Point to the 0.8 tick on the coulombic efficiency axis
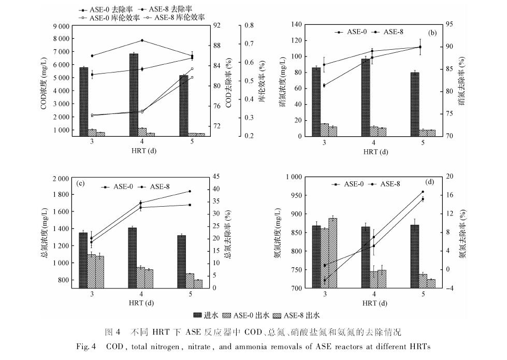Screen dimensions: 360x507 tap(249, 25)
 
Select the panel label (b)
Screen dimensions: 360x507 tap(432, 33)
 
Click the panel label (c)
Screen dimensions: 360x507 tap(81, 183)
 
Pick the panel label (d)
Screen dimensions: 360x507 tap(429, 182)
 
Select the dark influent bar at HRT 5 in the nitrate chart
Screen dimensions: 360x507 tap(414, 104)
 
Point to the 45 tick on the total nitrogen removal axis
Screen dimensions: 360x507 tap(218, 177)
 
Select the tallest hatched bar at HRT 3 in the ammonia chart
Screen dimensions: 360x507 tap(332, 253)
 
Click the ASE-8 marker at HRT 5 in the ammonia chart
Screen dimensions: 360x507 tap(423, 192)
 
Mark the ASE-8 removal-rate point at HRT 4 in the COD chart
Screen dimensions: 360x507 tap(142, 40)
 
